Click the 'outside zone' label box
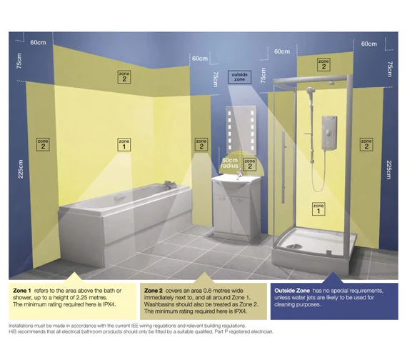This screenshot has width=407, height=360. pyautogui.click(x=240, y=77)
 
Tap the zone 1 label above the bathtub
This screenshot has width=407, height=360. pyautogui.click(x=124, y=144)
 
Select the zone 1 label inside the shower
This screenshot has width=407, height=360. pyautogui.click(x=318, y=209)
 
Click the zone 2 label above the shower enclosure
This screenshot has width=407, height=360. pyautogui.click(x=323, y=64)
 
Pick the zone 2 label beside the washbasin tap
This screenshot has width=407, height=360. pyautogui.click(x=250, y=164)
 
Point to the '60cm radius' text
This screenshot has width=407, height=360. pyautogui.click(x=230, y=163)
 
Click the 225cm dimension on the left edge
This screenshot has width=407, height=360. pyautogui.click(x=21, y=169)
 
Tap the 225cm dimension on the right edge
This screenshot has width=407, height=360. pyautogui.click(x=388, y=170)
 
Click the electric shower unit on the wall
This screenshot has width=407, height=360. pyautogui.click(x=329, y=133)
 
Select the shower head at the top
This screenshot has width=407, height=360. pyautogui.click(x=310, y=91)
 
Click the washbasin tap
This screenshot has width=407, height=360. pyautogui.click(x=240, y=174)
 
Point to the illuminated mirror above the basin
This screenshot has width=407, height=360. pyautogui.click(x=241, y=130)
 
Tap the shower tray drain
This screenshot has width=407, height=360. pyautogui.click(x=294, y=246)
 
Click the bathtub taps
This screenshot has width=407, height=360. pyautogui.click(x=169, y=184)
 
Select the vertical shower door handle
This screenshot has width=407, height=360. pyautogui.click(x=283, y=167)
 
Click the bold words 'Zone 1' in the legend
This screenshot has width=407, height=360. pyautogui.click(x=22, y=291)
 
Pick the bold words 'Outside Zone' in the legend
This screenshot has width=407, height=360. pyautogui.click(x=292, y=291)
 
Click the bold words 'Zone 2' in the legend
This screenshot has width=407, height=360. pyautogui.click(x=154, y=291)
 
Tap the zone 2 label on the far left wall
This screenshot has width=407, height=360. pyautogui.click(x=43, y=144)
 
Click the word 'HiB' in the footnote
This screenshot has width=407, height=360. pyautogui.click(x=12, y=331)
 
